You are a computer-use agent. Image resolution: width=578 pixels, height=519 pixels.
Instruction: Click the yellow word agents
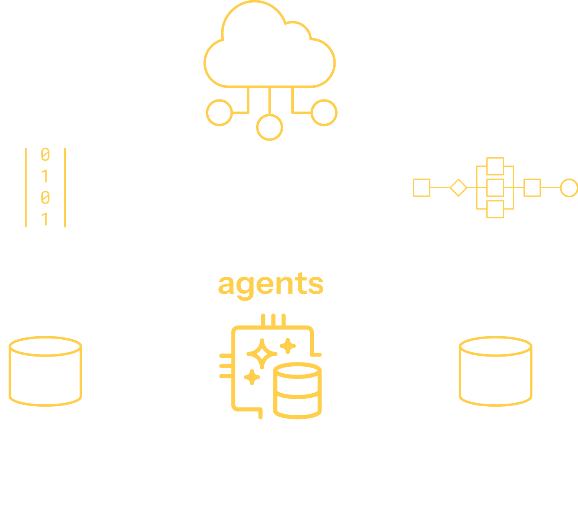271,284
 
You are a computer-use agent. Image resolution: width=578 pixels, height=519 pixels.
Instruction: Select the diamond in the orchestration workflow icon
458,188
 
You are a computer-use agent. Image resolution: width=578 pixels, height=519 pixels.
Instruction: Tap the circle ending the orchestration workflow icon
569,188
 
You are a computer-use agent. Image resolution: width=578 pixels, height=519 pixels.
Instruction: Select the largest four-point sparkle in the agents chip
262,354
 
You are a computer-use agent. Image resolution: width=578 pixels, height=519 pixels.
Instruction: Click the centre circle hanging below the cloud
269,127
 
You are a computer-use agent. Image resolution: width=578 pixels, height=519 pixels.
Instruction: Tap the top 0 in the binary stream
45,155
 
